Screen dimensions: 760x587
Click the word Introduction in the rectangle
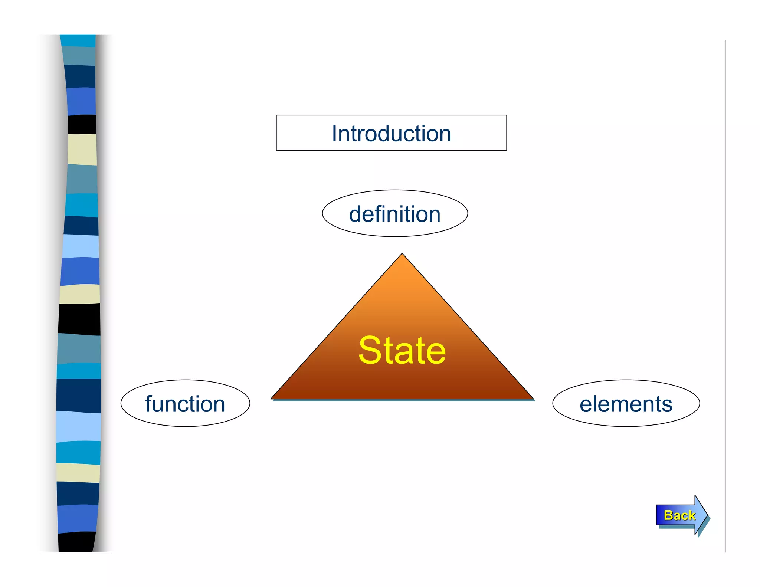pyautogui.click(x=391, y=134)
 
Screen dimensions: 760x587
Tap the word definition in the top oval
pyautogui.click(x=394, y=214)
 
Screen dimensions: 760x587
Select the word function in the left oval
pyautogui.click(x=185, y=404)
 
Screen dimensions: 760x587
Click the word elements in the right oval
pyautogui.click(x=626, y=404)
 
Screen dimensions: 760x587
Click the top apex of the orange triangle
pyautogui.click(x=402, y=255)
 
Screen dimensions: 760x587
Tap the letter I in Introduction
pyautogui.click(x=334, y=133)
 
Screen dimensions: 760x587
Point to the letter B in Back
pyautogui.click(x=669, y=515)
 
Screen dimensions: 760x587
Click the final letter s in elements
pyautogui.click(x=667, y=405)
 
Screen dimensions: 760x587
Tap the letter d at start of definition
pyautogui.click(x=356, y=214)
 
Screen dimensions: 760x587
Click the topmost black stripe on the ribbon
pyautogui.click(x=82, y=124)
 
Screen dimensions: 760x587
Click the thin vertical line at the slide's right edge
pyautogui.click(x=725, y=297)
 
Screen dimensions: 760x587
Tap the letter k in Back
pyautogui.click(x=691, y=515)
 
